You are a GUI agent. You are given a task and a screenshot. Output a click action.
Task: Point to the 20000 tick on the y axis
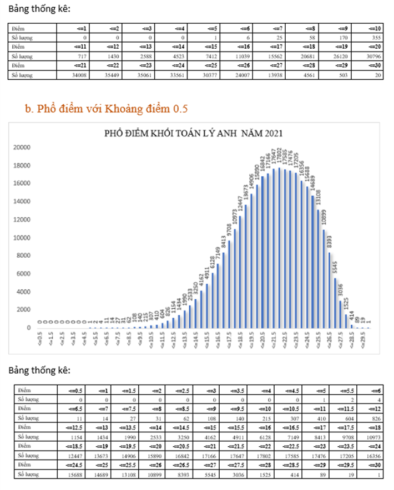pyautogui.click(x=22, y=147)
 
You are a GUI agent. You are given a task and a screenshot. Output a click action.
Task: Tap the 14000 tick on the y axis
pyautogui.click(x=22, y=201)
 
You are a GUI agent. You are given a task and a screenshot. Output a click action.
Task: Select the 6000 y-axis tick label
pyautogui.click(x=24, y=274)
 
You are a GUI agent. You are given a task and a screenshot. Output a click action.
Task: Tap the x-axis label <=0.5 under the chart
pyautogui.click(x=39, y=339)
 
